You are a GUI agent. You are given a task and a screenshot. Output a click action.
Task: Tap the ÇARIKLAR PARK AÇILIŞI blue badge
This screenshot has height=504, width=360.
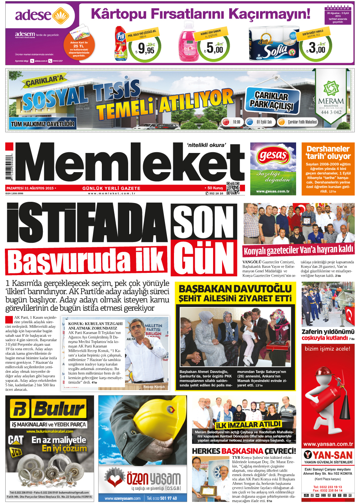tap(273, 100)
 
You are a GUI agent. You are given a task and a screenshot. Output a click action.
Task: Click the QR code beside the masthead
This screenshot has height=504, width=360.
tap(233, 188)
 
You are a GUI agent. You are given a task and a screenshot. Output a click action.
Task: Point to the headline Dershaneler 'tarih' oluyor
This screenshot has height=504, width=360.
tap(328, 152)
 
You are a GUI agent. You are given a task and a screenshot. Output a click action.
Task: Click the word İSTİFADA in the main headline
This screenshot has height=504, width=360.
tap(86, 223)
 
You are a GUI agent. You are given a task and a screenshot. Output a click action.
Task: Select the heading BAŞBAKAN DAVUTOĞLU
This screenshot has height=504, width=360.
tap(235, 289)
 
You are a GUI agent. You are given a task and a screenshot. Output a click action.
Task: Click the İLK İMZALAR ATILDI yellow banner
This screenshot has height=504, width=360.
tap(248, 425)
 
